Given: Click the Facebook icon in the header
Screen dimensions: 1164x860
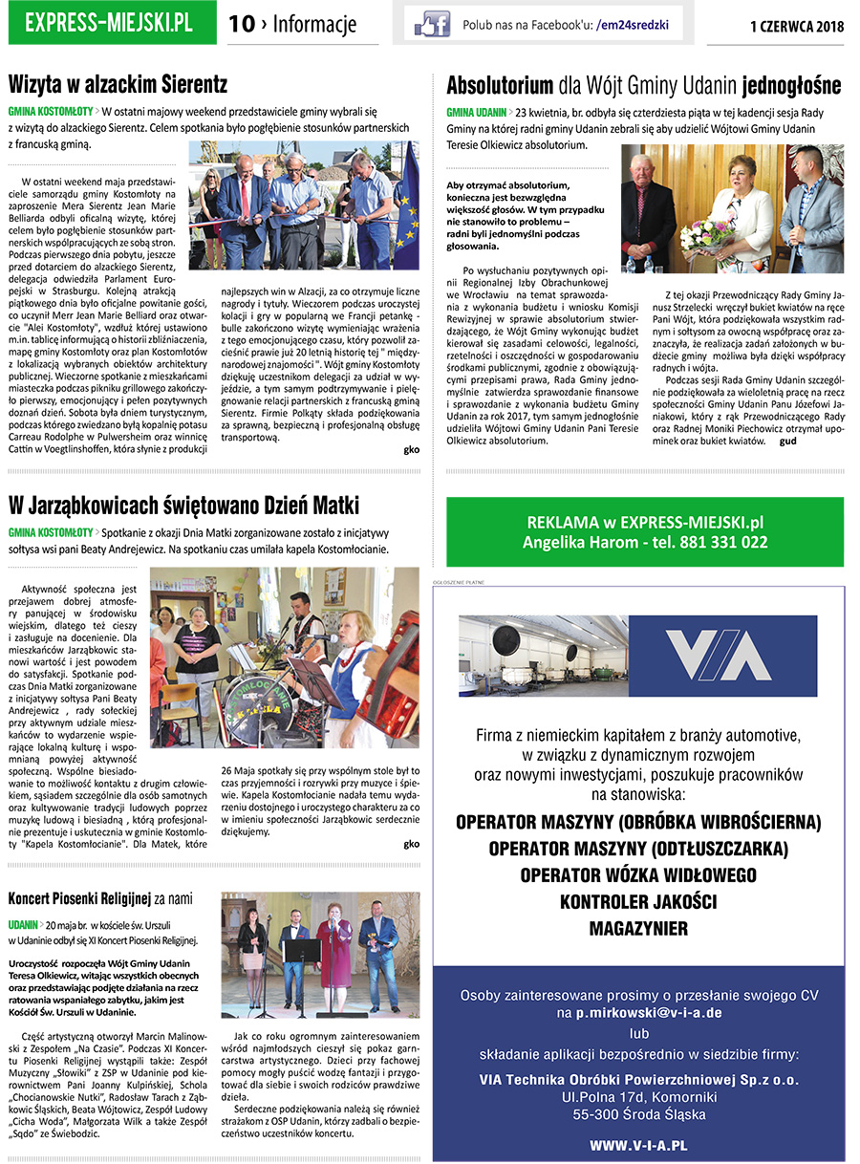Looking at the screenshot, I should tap(431, 24).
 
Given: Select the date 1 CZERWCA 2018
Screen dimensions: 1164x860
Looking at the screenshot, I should tap(797, 26).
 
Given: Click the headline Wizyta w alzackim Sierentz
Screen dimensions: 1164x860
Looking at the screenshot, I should tap(118, 84).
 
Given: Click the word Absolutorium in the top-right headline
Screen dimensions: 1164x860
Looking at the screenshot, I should tap(500, 86).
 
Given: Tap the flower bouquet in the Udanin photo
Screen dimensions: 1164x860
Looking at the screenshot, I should tap(707, 232).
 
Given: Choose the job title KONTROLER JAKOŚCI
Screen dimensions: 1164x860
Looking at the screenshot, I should tap(638, 901).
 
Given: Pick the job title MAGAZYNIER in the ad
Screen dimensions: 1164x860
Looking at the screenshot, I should tap(638, 928).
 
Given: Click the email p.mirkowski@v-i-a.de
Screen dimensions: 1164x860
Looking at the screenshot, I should tap(639, 1012).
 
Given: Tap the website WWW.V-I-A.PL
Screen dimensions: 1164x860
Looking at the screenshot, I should tap(638, 1145).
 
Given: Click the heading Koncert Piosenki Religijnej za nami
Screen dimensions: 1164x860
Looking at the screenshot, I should tap(100, 898).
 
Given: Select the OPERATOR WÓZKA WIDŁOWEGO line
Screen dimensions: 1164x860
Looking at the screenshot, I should tap(638, 874).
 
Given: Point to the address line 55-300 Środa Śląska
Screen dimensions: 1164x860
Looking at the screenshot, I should tap(638, 1114).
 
